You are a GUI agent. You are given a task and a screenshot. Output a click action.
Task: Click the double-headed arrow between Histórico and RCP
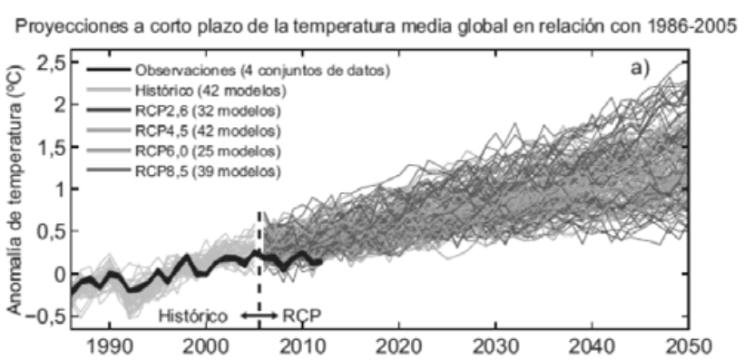pos(260,315)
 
